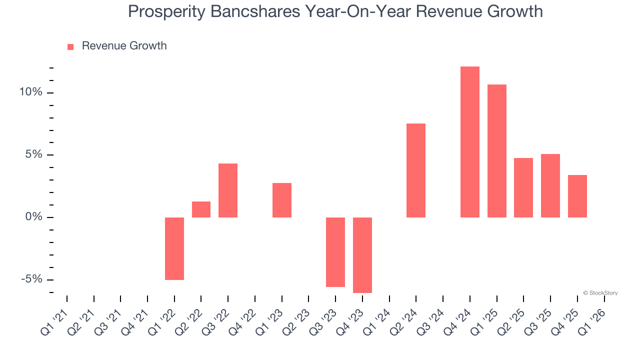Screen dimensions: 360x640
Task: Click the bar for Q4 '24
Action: [x=469, y=142]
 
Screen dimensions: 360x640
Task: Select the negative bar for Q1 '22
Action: [x=174, y=248]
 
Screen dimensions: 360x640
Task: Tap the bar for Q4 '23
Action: [x=362, y=255]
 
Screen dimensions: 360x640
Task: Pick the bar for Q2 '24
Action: [x=416, y=170]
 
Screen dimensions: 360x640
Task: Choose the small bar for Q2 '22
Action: [x=201, y=209]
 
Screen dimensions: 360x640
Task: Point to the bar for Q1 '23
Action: [x=282, y=200]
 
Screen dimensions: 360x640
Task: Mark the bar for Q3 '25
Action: [x=550, y=185]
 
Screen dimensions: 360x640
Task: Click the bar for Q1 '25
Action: [x=497, y=151]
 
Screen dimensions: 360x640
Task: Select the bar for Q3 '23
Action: [x=335, y=252]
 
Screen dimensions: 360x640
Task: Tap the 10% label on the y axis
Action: [x=31, y=92]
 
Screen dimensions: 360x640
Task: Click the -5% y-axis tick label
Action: [x=32, y=279]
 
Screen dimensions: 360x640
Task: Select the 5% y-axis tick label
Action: [x=34, y=154]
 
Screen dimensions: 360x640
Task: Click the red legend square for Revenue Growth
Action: [x=70, y=46]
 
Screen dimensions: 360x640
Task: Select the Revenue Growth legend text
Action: [x=124, y=46]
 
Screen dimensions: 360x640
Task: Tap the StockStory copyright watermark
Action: [x=600, y=293]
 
